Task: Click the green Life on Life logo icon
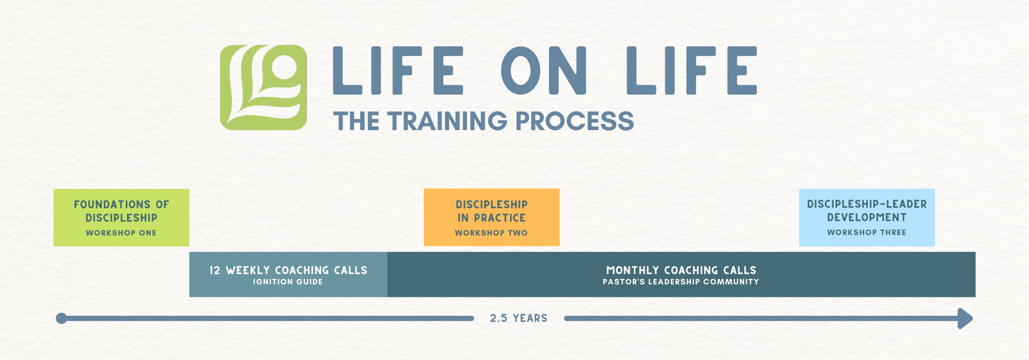click(263, 87)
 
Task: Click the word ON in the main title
click(544, 70)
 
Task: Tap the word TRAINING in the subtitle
click(448, 121)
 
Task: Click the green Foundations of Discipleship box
click(121, 218)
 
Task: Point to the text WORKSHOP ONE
click(121, 233)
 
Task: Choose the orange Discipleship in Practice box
click(491, 217)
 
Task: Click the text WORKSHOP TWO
click(491, 233)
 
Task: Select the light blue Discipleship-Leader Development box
click(866, 217)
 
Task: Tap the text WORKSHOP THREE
click(866, 232)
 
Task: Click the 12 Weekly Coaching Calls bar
click(288, 275)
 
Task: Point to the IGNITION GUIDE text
click(288, 282)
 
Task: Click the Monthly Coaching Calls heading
click(681, 270)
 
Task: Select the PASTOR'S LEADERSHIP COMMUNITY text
click(681, 282)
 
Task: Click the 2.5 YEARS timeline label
click(519, 318)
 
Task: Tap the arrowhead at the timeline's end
click(966, 318)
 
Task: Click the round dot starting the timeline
click(61, 318)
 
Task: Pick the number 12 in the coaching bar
click(215, 271)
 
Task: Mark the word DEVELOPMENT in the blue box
click(866, 218)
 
